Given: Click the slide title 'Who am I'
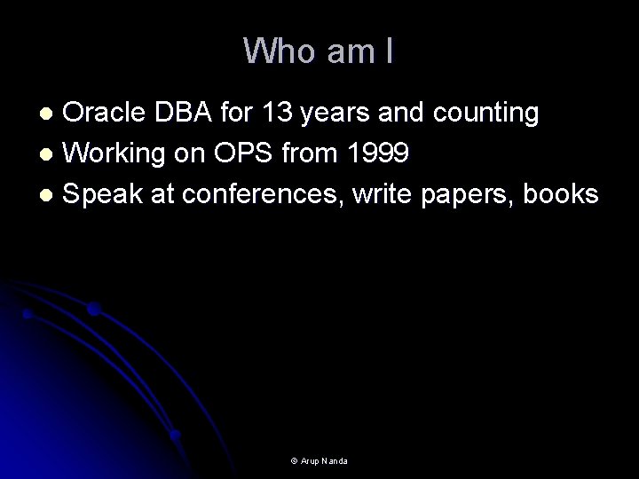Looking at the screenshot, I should pos(319,51).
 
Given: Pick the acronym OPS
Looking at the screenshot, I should pos(258,154).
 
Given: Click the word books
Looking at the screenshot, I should pos(561,195).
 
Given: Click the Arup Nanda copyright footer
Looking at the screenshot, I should pos(319,461).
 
